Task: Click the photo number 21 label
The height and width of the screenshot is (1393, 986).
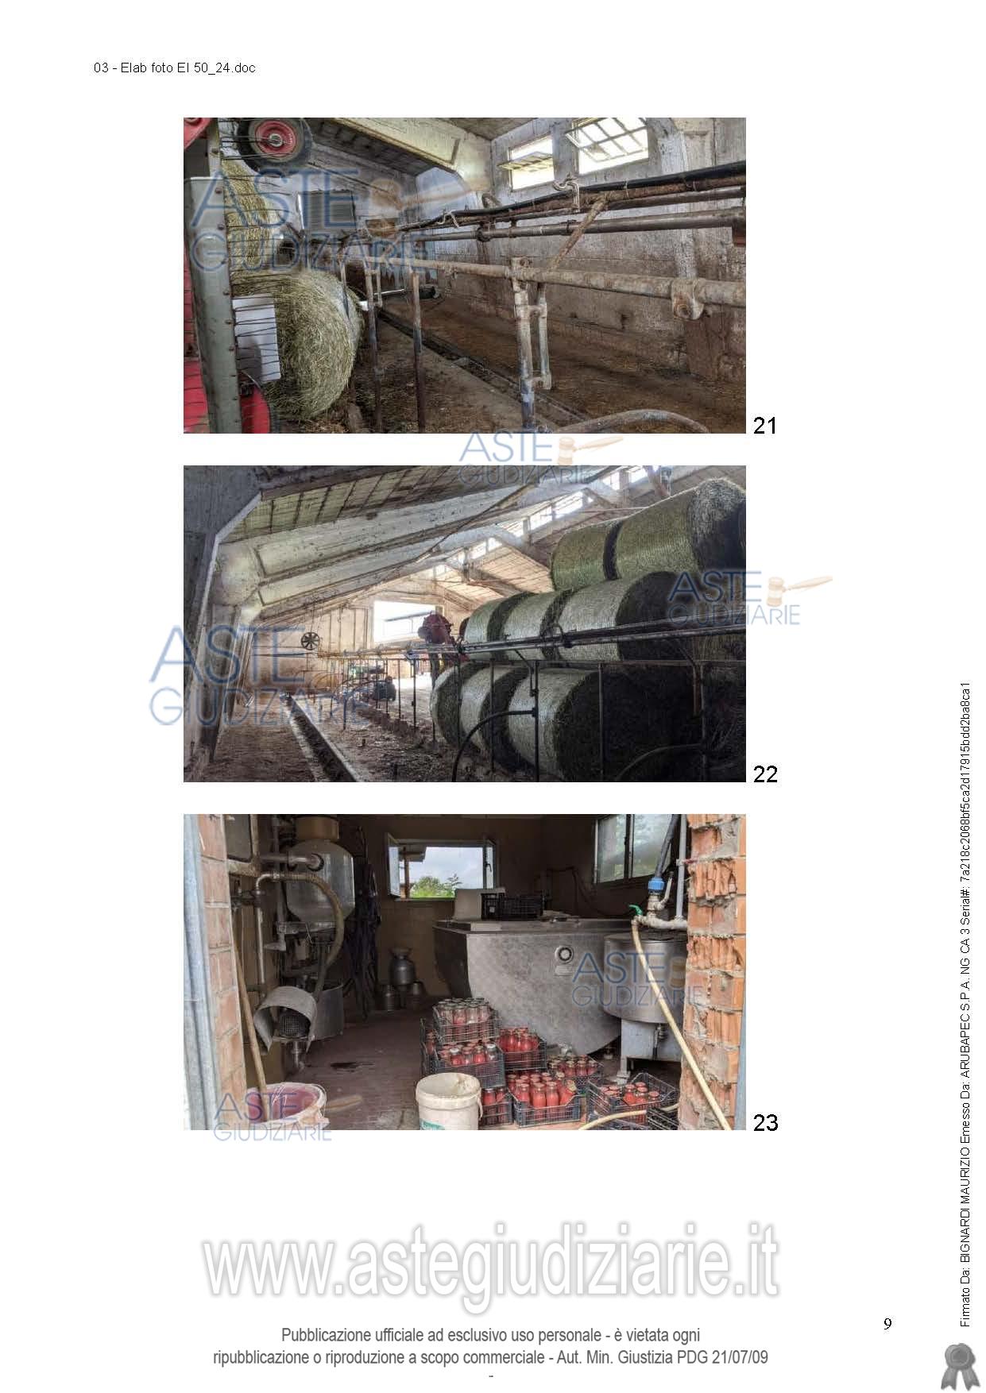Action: (x=764, y=426)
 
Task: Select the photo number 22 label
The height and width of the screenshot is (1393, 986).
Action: (x=765, y=774)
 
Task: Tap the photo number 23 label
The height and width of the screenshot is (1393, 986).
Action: (x=765, y=1122)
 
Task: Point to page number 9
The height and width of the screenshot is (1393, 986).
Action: (x=887, y=1323)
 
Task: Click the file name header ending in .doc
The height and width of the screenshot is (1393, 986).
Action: (x=175, y=68)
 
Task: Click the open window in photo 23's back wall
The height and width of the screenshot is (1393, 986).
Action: (x=442, y=871)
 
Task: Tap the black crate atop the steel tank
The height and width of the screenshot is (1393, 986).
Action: (x=512, y=905)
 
